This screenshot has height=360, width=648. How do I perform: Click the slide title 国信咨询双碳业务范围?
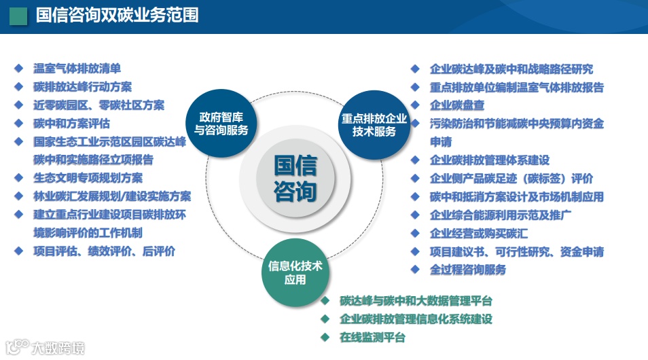click(117, 15)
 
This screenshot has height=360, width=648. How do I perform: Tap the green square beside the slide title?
click(19, 16)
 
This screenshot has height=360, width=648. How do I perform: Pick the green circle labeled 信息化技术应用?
click(295, 272)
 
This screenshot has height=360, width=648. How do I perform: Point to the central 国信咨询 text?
click(295, 179)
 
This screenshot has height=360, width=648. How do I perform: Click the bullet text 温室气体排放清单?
click(77, 69)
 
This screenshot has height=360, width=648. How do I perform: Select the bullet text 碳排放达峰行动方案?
click(83, 87)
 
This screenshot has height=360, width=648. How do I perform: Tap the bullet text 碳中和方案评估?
click(72, 124)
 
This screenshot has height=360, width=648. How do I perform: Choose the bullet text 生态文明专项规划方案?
click(88, 178)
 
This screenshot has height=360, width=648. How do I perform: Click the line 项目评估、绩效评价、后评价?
click(105, 251)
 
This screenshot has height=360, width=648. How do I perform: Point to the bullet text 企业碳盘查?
click(457, 105)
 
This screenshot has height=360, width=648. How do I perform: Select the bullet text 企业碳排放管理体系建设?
click(490, 160)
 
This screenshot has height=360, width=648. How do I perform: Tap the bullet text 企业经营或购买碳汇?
click(479, 233)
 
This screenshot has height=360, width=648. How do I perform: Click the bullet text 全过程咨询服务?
click(468, 270)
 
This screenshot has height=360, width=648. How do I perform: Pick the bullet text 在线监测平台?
click(372, 337)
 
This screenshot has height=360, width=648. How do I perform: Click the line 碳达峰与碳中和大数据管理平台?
click(416, 301)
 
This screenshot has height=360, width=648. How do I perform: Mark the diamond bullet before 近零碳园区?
click(19, 105)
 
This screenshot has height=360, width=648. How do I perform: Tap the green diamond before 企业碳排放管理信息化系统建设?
click(325, 319)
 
